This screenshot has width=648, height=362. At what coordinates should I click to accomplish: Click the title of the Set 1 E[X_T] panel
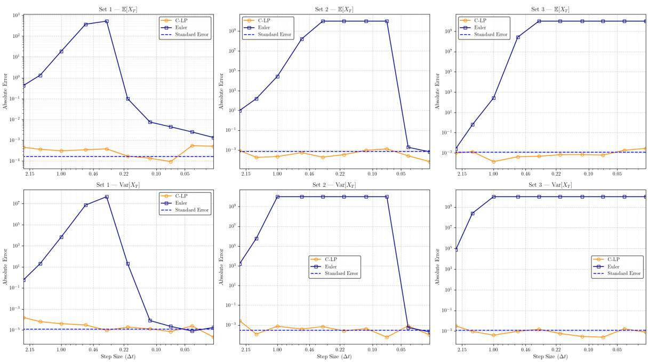tap(118, 9)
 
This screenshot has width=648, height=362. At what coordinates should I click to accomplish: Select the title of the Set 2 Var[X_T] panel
tap(334, 185)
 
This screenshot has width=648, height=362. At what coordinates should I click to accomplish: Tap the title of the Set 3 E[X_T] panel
tap(551, 9)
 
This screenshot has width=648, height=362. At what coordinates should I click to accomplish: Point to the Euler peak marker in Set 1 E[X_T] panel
tap(107, 21)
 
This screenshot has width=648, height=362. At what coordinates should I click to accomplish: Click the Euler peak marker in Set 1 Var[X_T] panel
tap(107, 197)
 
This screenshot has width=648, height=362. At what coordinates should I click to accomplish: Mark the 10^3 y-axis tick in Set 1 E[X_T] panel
tap(15, 15)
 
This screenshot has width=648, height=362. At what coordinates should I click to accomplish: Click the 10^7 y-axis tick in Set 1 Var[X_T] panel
tap(15, 204)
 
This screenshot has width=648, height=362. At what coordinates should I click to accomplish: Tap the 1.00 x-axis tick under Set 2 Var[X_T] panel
tap(277, 350)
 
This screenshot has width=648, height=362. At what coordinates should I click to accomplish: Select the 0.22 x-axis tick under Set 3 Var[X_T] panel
tap(556, 350)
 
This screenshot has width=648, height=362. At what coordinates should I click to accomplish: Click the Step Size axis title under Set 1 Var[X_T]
tap(118, 357)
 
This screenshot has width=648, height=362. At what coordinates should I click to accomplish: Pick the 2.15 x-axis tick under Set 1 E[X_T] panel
tap(30, 174)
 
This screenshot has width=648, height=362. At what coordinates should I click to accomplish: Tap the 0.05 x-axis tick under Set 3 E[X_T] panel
tap(617, 174)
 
